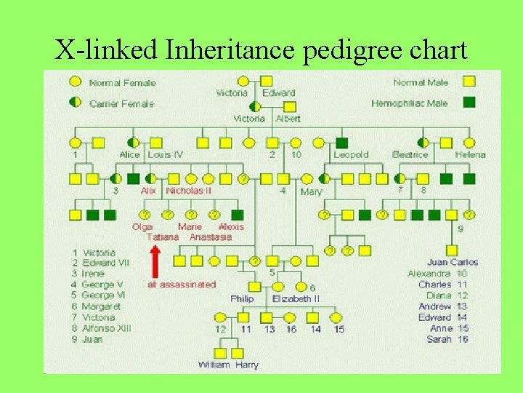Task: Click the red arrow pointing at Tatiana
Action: (x=155, y=259)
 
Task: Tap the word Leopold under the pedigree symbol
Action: (x=351, y=154)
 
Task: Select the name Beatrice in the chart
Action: (x=410, y=154)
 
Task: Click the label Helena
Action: (x=470, y=154)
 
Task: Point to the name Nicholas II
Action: (x=189, y=191)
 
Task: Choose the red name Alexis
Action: (x=232, y=226)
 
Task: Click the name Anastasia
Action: (x=211, y=237)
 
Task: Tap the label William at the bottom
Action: (x=214, y=365)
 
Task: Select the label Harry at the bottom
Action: (x=247, y=365)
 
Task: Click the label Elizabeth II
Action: (x=296, y=298)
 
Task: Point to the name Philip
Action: (x=243, y=298)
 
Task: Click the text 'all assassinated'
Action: (x=182, y=284)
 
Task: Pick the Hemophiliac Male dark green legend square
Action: (x=469, y=103)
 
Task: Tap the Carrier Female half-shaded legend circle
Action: (x=75, y=103)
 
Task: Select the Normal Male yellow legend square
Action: (x=469, y=82)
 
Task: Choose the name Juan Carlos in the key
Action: (x=453, y=262)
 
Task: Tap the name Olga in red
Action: (x=142, y=226)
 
